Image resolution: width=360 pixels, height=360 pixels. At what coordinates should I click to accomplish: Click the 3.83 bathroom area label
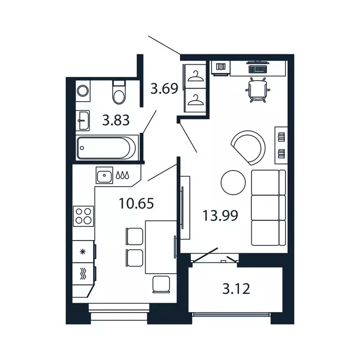pos(116,121)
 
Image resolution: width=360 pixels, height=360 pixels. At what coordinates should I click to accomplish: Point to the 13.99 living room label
pos(220,216)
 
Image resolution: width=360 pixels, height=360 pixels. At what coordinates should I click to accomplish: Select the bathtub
pos(107,147)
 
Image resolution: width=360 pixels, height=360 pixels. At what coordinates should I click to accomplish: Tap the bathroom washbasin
pos(83,120)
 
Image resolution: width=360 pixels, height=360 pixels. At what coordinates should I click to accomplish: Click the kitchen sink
pos(104,176)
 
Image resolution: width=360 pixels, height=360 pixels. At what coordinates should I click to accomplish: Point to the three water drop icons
pos(122,176)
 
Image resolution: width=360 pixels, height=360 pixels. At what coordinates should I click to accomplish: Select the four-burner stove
pos(83,216)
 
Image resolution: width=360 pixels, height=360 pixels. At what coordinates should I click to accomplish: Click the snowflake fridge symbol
pos(83,252)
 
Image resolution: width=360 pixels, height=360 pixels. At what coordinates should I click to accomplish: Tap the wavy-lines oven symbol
pos(83,274)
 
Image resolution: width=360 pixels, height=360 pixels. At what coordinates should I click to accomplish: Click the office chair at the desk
pos(258,90)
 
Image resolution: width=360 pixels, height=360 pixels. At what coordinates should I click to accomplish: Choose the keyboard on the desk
pos(257,68)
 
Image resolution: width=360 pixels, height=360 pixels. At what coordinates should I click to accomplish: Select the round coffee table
pos(232,182)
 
